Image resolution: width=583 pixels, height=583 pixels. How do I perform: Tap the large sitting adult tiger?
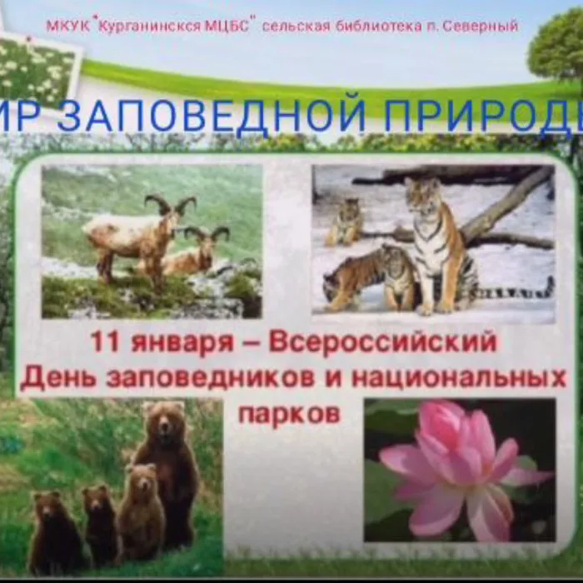click(437, 242)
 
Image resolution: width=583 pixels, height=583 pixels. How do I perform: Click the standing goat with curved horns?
click(137, 233)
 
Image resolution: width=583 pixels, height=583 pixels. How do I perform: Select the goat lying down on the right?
click(196, 254)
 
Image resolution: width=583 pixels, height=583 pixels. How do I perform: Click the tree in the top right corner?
click(558, 46)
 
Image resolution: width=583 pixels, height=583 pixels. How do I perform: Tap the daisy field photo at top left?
click(37, 71)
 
